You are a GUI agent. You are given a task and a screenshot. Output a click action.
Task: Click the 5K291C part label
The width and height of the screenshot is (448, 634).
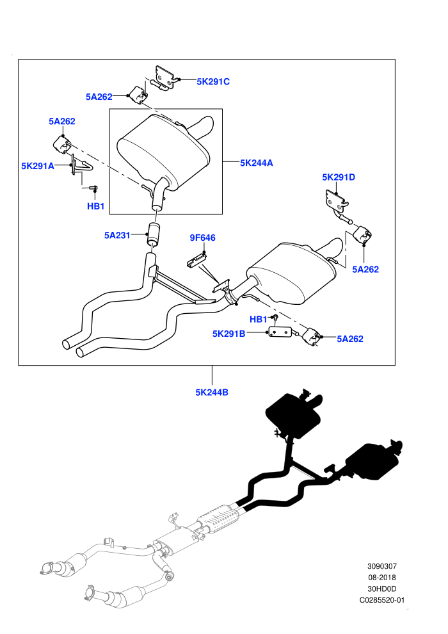213,82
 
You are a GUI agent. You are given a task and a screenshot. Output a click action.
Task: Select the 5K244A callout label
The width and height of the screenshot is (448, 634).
257,163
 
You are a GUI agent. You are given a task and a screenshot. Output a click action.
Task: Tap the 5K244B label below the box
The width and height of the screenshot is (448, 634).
212,392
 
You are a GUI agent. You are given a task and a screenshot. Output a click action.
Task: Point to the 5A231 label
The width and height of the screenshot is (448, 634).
117,235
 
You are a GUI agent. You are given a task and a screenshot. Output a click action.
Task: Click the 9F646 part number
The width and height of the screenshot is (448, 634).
202,238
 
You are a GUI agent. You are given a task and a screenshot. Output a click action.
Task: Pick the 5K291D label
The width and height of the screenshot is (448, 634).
339,177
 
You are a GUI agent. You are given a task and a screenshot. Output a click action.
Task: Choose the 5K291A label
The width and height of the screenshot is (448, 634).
38,166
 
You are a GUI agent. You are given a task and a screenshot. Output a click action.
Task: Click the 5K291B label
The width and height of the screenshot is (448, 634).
228,334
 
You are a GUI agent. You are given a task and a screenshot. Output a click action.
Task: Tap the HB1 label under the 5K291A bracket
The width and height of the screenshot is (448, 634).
96,206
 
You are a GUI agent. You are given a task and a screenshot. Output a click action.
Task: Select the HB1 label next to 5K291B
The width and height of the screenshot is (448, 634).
258,320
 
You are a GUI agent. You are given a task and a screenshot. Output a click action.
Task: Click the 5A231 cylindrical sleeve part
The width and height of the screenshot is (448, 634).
153,234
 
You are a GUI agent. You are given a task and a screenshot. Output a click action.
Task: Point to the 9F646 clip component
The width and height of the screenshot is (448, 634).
196,259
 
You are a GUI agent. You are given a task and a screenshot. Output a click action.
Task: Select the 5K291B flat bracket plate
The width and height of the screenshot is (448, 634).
280,332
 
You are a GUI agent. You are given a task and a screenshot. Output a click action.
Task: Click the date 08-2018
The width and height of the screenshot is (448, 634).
381,578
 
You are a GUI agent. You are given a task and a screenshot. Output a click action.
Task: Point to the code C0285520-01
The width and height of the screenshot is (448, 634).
381,601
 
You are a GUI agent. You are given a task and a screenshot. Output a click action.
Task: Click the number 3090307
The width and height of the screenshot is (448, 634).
381,567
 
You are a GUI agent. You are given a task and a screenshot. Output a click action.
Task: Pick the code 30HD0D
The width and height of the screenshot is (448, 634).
381,589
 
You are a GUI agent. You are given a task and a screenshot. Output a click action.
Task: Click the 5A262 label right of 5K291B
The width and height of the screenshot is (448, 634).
350,339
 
